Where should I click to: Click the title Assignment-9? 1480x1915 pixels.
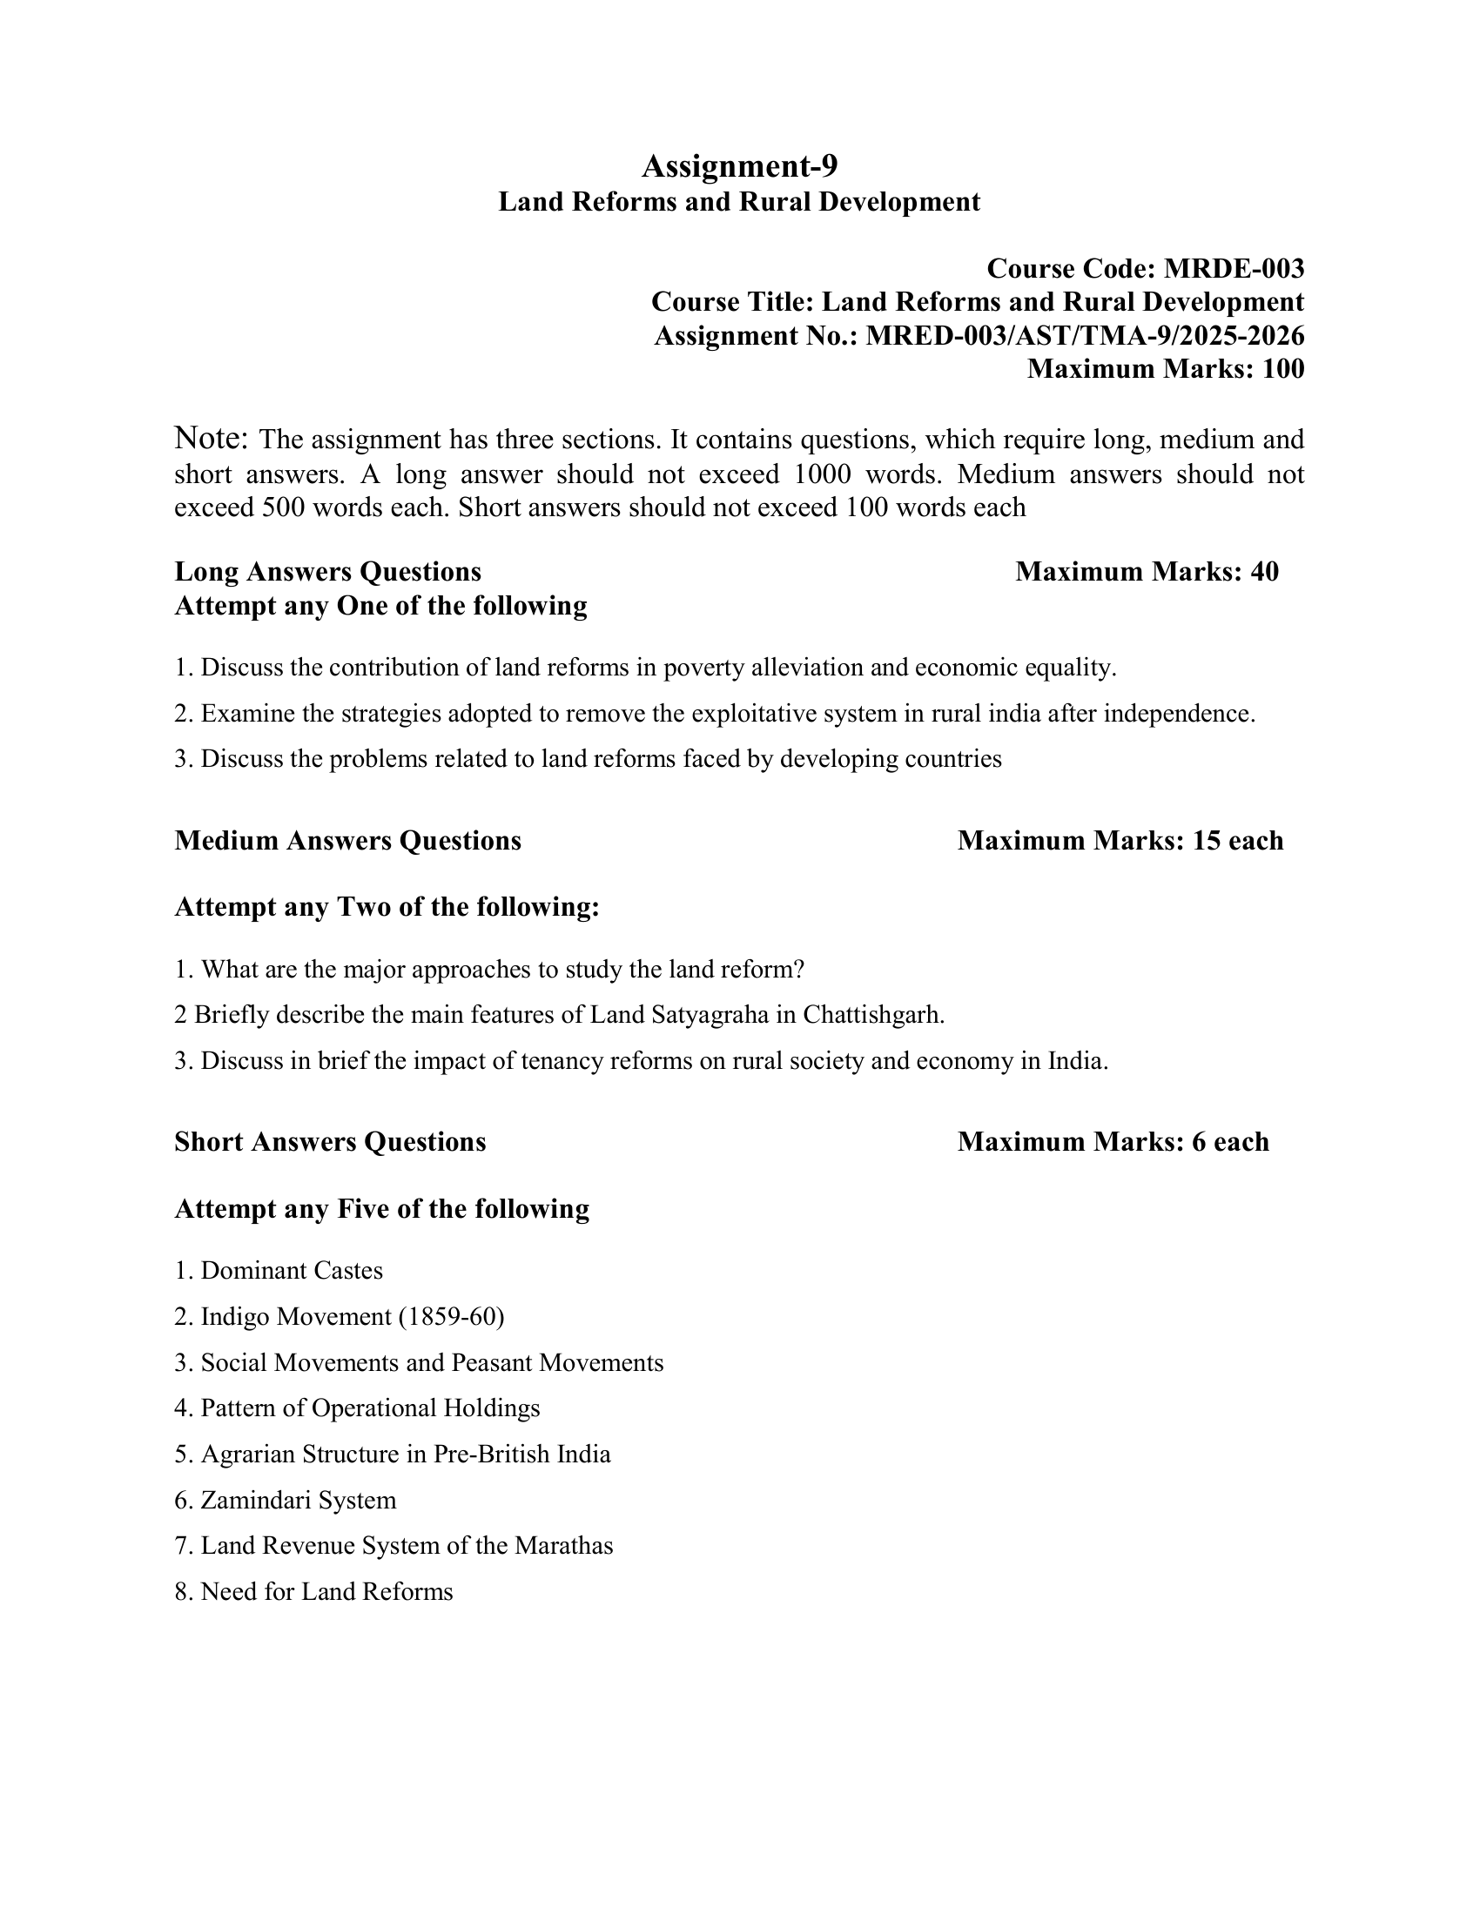point(739,165)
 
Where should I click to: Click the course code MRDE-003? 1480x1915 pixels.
point(1234,268)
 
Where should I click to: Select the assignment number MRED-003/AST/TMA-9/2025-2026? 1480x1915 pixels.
point(1085,336)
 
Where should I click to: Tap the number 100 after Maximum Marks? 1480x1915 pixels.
point(1282,369)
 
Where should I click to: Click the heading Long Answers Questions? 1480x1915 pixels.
point(328,572)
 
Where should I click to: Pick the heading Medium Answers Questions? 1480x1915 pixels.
point(347,841)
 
